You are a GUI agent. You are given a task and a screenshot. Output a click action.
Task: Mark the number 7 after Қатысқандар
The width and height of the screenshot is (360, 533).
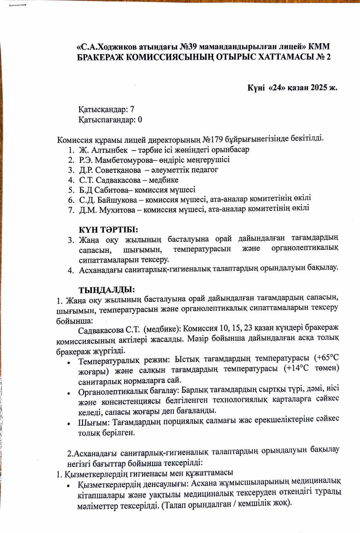(132, 110)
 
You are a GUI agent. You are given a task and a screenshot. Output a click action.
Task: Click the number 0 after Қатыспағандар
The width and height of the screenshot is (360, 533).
(140, 120)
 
